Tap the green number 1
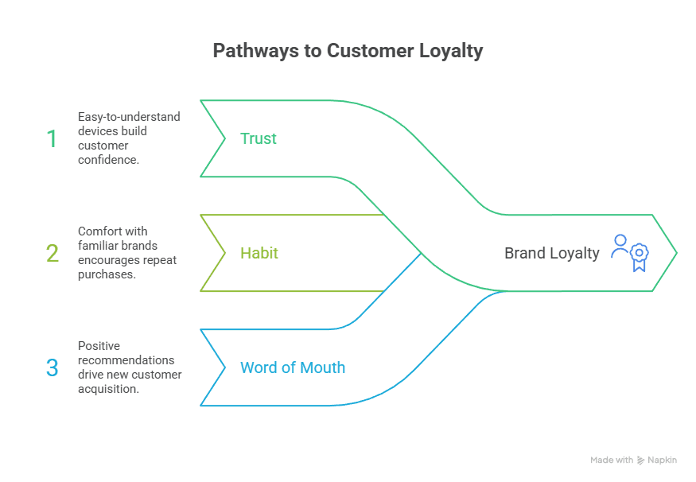point(52,139)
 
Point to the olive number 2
point(52,254)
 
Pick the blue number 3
point(52,368)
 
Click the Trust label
point(259,138)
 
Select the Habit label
point(259,253)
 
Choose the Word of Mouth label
point(293,367)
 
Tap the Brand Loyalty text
point(551,253)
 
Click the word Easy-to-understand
point(129,117)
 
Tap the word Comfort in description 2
point(100,231)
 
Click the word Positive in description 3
point(99,346)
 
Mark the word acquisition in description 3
point(108,389)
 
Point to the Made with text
point(612,461)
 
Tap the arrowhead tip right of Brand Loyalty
point(675,253)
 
